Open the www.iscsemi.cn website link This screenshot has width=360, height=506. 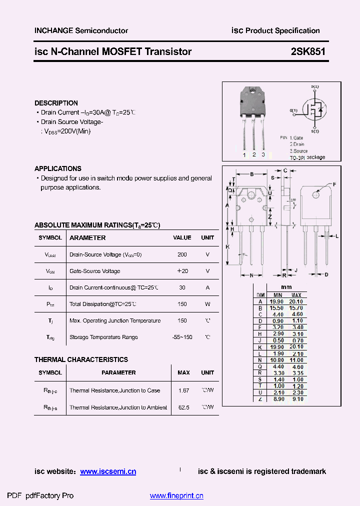pyautogui.click(x=108, y=471)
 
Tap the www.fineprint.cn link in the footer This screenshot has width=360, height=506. pyautogui.click(x=176, y=496)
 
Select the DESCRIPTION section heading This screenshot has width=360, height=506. pyautogui.click(x=56, y=103)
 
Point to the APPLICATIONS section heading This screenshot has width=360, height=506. pyautogui.click(x=58, y=168)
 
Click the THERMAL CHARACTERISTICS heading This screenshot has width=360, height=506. pyautogui.click(x=81, y=359)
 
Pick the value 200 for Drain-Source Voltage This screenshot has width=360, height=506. pyautogui.click(x=182, y=254)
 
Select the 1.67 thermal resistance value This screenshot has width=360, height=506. pyautogui.click(x=183, y=390)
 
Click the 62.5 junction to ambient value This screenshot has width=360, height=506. pyautogui.click(x=183, y=407)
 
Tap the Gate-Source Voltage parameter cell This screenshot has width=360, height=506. pyautogui.click(x=95, y=271)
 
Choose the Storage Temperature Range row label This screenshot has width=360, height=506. pyautogui.click(x=103, y=337)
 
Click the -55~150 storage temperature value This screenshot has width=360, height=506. pyautogui.click(x=182, y=337)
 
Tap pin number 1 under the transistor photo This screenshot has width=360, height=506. pyautogui.click(x=244, y=155)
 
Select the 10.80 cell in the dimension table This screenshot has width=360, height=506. pyautogui.click(x=277, y=360)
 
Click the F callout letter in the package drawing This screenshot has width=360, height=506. pyautogui.click(x=334, y=184)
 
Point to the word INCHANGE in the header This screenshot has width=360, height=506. pyautogui.click(x=53, y=30)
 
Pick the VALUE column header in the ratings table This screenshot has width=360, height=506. pyautogui.click(x=182, y=238)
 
